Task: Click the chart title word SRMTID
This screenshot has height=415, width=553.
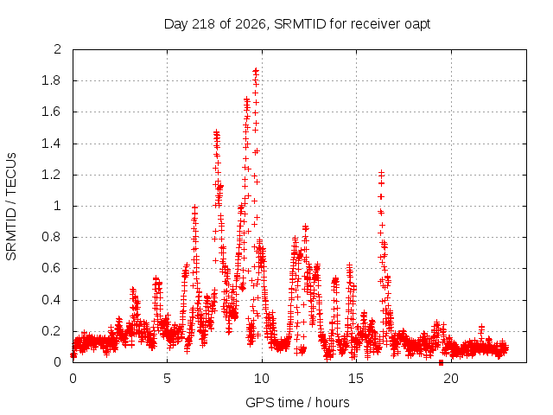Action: point(300,24)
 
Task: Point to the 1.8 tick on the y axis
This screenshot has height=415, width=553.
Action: point(51,80)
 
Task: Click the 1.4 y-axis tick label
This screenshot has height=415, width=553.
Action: point(51,144)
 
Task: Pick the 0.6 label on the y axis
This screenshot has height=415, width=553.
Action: point(51,268)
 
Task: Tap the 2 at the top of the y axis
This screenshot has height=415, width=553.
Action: point(57,49)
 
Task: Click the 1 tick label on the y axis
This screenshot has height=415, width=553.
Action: point(57,206)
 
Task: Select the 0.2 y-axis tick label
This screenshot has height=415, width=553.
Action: point(51,331)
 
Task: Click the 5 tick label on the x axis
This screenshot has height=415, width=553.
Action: point(167,379)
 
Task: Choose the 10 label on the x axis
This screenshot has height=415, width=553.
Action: point(262,379)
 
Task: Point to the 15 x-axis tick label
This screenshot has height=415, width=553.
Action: point(356,379)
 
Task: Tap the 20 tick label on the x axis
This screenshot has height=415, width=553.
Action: point(451,379)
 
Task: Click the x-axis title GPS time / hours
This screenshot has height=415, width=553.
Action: point(297,402)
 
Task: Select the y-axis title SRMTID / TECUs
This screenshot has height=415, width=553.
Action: point(11,207)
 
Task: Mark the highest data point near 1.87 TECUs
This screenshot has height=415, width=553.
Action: point(256,71)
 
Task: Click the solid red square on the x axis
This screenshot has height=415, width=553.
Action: point(441,363)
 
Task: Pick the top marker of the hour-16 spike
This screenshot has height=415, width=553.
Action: point(381,173)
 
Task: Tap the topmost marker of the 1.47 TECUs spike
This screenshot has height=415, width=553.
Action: point(216,132)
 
